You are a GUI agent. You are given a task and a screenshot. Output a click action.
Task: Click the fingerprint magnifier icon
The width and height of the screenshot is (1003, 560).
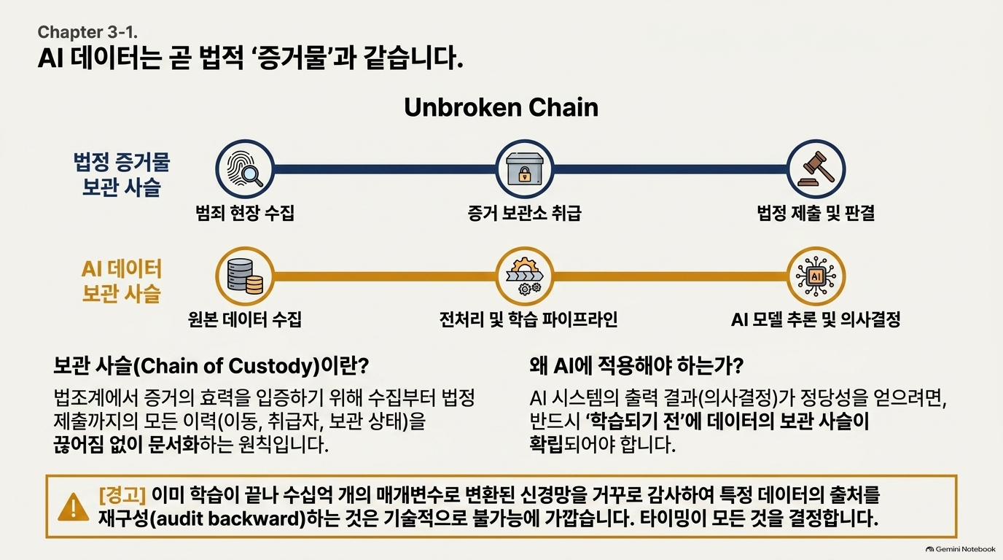245,169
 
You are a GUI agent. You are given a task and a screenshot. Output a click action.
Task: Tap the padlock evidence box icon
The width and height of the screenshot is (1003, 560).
524,169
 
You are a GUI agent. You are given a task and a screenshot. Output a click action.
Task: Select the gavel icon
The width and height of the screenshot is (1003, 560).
816,169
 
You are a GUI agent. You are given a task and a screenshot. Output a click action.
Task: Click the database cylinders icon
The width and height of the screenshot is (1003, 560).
245,276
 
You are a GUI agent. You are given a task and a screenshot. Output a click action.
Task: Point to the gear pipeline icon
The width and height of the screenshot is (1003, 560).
524,276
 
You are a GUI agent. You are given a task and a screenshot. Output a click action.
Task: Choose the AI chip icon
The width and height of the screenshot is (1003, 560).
816,276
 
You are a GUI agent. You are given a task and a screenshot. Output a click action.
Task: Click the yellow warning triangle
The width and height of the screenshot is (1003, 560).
74,507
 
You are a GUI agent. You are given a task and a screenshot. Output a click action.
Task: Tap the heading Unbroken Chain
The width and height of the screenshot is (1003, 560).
501,107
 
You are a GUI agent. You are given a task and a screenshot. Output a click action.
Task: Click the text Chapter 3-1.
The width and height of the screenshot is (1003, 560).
87,32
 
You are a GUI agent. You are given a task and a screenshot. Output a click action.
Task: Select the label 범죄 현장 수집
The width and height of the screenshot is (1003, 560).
245,212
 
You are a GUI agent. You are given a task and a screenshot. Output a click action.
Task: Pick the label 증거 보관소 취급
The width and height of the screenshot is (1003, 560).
524,212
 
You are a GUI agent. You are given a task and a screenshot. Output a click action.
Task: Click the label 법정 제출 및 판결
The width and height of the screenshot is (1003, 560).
816,212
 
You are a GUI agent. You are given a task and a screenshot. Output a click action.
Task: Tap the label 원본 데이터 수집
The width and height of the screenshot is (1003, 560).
244,319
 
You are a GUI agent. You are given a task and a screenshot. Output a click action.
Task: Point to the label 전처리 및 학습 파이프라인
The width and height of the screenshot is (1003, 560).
528,319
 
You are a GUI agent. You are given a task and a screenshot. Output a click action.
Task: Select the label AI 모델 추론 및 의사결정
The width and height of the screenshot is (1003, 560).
816,319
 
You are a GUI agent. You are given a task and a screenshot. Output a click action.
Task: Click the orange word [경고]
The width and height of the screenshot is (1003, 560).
122,495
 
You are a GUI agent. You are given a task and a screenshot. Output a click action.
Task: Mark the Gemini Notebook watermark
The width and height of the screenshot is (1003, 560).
961,549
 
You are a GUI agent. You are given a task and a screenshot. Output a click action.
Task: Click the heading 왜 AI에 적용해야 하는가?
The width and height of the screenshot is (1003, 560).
636,366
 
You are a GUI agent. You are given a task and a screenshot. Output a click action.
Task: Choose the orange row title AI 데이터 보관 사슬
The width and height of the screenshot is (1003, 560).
121,281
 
